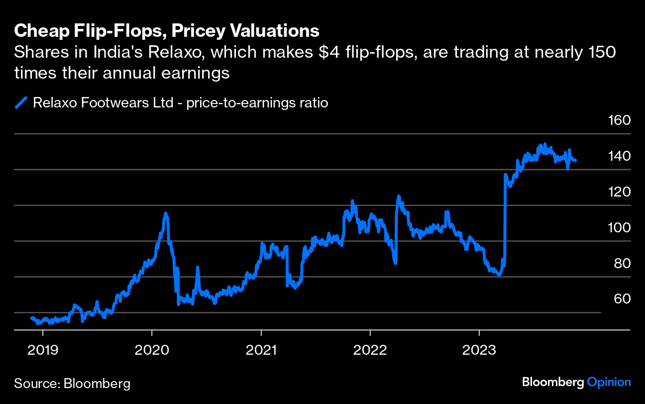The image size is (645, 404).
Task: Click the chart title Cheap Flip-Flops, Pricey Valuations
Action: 167,31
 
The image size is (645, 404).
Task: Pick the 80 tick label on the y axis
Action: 620,264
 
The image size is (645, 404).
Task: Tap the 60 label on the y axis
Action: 620,299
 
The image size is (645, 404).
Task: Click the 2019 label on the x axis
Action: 43,350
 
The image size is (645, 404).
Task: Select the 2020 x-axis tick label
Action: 152,350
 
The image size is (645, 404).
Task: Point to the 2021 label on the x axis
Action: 261,350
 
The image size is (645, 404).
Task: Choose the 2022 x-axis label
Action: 370,350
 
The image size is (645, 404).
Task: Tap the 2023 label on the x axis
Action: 479,350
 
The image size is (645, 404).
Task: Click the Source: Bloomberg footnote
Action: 72,384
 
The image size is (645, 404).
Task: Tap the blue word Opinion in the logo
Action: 609,383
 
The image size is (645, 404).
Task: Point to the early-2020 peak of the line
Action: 166,213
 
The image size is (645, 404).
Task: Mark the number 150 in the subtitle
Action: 601,52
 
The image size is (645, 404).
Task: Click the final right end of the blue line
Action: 576,160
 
